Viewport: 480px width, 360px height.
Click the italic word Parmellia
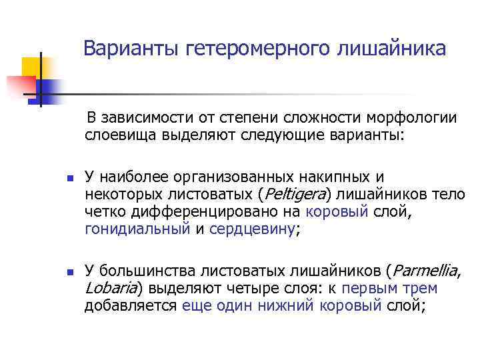click(x=423, y=271)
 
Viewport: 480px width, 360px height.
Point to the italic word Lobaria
click(x=109, y=289)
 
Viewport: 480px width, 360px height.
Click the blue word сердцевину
click(x=252, y=229)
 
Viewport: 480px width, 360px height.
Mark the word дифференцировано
click(x=185, y=212)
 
